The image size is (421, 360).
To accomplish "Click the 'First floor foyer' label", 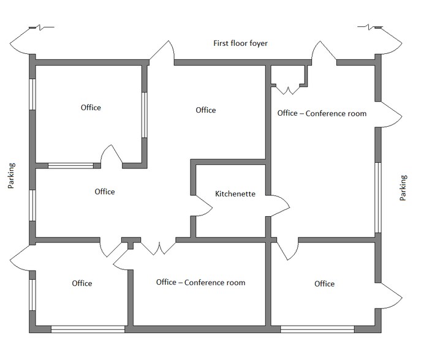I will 240,43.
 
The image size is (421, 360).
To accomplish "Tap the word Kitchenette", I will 235,193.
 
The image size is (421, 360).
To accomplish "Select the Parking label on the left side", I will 11,176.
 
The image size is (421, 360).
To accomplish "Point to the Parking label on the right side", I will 403,188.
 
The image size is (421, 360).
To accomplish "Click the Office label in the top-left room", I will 91,108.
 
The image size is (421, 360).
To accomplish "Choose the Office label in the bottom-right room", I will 324,283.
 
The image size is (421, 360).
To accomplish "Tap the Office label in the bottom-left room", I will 82,283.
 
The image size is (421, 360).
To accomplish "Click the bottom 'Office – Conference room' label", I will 200,282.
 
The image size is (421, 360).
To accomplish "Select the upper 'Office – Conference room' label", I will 322,113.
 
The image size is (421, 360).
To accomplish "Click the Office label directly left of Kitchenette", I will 105,192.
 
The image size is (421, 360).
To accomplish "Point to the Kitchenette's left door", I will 202,205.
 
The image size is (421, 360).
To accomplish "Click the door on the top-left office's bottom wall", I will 112,156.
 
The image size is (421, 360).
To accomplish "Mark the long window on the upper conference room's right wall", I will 378,197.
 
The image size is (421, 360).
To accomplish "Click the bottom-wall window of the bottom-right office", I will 317,329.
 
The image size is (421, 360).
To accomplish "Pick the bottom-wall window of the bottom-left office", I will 88,329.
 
